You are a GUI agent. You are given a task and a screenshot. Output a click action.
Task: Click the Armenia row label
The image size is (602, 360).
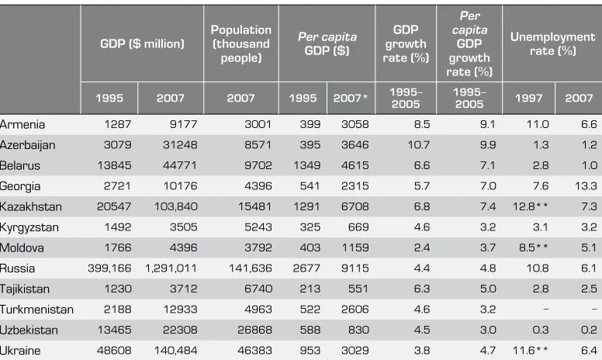tap(22, 124)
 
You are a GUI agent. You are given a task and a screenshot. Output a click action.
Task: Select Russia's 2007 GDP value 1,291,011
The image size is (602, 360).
tap(171, 268)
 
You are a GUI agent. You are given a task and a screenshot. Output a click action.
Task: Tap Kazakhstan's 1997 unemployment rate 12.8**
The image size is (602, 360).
tap(530, 206)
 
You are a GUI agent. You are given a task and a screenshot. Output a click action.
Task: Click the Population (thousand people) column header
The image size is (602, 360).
tap(241, 43)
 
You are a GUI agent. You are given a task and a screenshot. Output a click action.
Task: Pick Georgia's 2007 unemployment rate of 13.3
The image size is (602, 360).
tap(586, 186)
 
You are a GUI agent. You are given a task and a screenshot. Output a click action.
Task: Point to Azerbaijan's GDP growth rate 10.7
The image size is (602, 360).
tap(418, 144)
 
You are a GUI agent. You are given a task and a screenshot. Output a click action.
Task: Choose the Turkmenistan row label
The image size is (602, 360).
tap(36, 310)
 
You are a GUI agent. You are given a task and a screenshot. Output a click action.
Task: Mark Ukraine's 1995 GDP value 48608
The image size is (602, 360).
tap(114, 351)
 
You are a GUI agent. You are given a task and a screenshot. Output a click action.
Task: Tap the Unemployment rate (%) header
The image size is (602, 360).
tap(552, 43)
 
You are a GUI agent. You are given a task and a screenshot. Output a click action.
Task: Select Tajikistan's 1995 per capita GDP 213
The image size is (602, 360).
tap(310, 289)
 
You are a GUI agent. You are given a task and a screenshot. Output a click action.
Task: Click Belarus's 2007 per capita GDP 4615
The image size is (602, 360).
tap(355, 165)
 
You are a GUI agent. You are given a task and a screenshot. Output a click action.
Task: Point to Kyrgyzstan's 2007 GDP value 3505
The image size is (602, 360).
tap(184, 227)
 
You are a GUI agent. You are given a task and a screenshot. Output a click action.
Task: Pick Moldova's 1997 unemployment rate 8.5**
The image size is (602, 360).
tap(533, 247)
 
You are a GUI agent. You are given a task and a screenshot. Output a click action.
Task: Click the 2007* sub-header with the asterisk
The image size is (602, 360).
tap(350, 98)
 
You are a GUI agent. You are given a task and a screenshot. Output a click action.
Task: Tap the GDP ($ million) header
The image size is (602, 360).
tap(142, 43)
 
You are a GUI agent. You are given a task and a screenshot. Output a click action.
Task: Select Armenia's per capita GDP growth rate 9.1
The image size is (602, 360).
tap(488, 124)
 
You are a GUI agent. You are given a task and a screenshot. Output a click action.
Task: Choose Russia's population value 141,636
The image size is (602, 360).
tap(251, 268)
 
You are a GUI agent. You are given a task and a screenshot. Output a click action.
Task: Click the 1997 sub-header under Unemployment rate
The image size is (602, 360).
tap(528, 98)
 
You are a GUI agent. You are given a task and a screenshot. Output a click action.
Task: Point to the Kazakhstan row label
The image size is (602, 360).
tap(31, 206)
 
